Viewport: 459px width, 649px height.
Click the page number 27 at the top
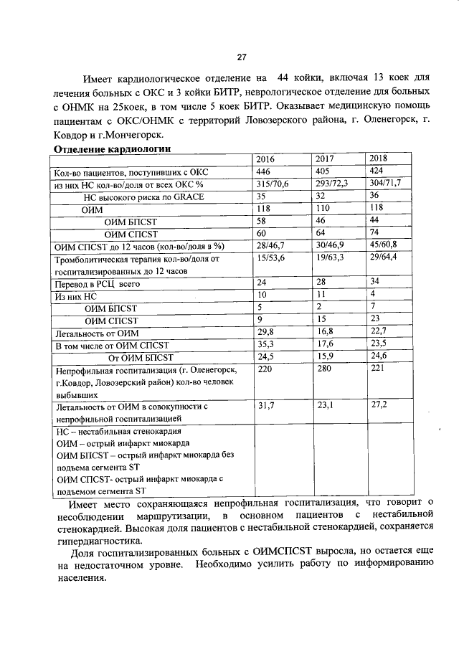[242, 58]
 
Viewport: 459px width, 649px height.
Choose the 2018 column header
[379, 158]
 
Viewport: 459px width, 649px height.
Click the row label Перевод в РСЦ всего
[87, 284]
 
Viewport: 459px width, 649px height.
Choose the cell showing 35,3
[266, 345]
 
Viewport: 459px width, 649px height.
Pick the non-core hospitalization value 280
[324, 369]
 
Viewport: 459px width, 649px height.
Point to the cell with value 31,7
[266, 406]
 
